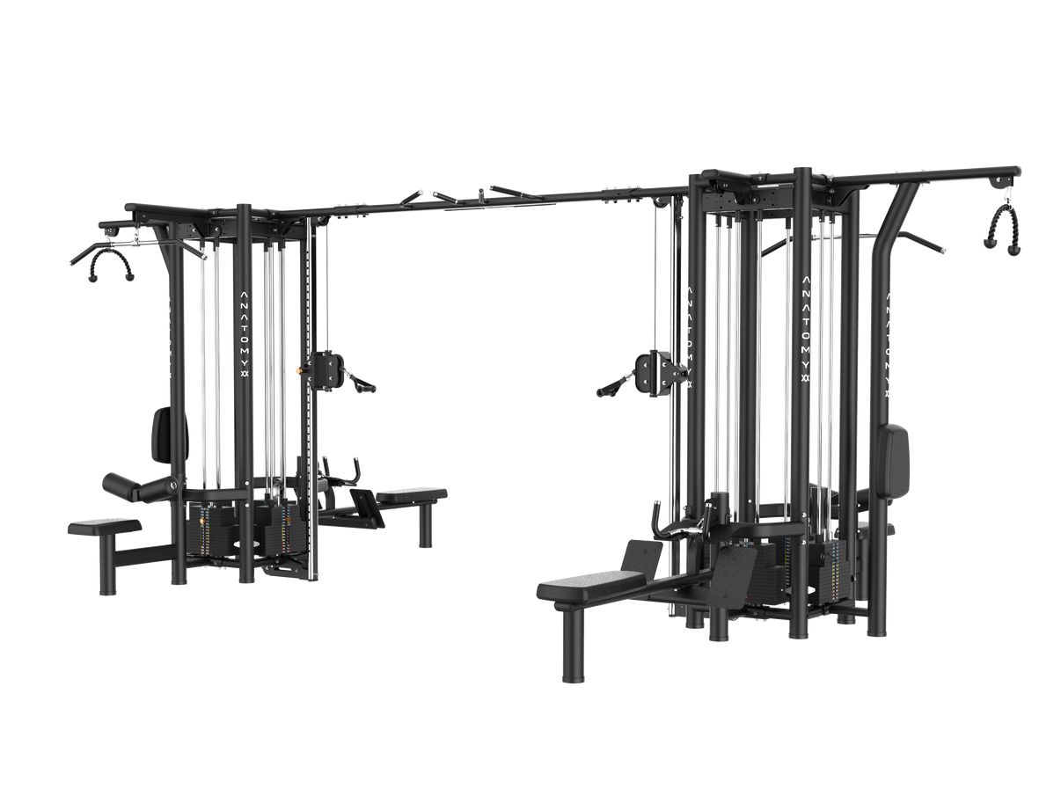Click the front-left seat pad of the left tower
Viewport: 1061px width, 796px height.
point(104,526)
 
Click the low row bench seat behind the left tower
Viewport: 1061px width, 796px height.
point(412,494)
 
